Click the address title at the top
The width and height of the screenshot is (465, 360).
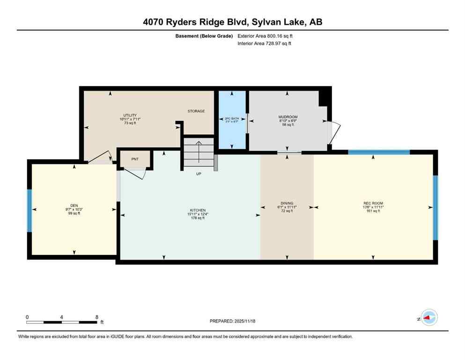pyautogui.click(x=232, y=22)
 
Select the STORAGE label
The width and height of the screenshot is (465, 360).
pyautogui.click(x=196, y=111)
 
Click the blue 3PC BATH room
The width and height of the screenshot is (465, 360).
pyautogui.click(x=232, y=120)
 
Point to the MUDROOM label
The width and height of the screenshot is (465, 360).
pyautogui.click(x=288, y=117)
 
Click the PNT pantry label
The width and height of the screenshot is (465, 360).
pyautogui.click(x=134, y=159)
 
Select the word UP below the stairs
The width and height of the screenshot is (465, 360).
pyautogui.click(x=199, y=174)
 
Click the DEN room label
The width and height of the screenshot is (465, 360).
pyautogui.click(x=74, y=205)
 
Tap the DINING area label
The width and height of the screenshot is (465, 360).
pyautogui.click(x=287, y=203)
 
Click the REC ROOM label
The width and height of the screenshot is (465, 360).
pyautogui.click(x=373, y=203)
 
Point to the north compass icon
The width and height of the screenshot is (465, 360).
pyautogui.click(x=428, y=318)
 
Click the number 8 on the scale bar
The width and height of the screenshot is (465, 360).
pyautogui.click(x=96, y=317)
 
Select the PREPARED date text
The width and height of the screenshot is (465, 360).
pyautogui.click(x=232, y=321)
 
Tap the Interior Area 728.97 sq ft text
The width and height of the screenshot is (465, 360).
pyautogui.click(x=265, y=44)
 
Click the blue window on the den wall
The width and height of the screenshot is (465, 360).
pyautogui.click(x=29, y=210)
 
